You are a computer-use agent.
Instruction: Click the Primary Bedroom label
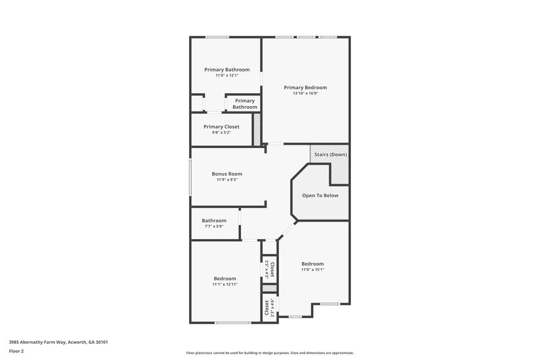(x=305, y=87)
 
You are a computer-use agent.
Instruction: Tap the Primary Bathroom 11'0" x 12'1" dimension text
(x=227, y=76)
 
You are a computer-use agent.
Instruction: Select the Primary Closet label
(x=221, y=126)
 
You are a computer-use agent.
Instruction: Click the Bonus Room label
(x=227, y=174)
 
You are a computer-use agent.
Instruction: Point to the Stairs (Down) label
(x=331, y=155)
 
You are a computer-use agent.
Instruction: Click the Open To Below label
(x=320, y=196)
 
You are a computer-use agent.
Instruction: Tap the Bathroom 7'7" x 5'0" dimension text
(x=214, y=226)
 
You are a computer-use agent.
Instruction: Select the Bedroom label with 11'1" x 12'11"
(x=225, y=278)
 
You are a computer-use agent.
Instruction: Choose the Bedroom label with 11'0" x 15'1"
(x=313, y=263)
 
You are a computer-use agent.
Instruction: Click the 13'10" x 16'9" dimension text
(x=305, y=94)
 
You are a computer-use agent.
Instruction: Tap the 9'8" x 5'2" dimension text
(x=221, y=132)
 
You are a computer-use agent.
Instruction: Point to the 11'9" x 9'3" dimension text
(x=227, y=180)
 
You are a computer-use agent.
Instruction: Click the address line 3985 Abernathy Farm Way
(x=58, y=342)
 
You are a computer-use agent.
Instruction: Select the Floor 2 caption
(x=17, y=351)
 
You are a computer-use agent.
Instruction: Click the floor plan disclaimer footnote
(x=270, y=353)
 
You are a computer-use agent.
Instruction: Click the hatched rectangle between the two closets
(x=269, y=288)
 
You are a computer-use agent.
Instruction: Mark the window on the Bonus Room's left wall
(x=190, y=177)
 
